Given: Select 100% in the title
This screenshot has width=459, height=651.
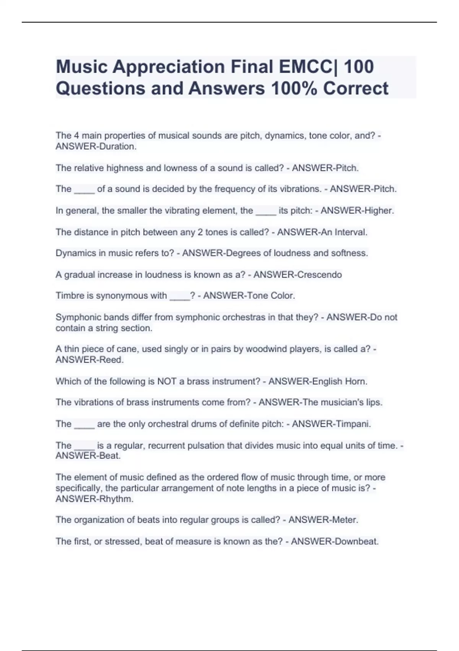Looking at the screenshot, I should click(294, 88).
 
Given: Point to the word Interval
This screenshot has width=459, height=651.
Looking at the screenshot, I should click(351, 232).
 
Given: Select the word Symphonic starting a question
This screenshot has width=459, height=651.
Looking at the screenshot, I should click(78, 317).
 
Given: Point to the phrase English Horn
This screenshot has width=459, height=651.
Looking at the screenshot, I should click(340, 381).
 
